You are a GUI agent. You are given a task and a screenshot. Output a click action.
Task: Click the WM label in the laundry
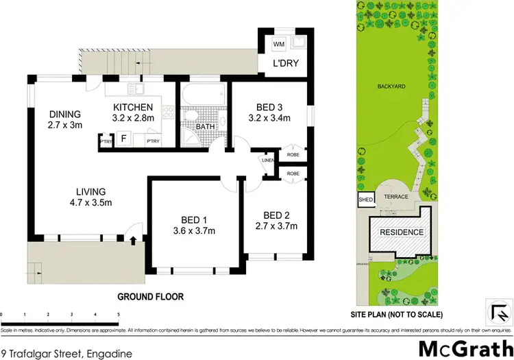tap(279, 45)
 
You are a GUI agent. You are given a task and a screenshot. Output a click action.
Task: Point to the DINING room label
tap(65, 114)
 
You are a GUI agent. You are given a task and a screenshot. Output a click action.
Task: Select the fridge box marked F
tap(123, 139)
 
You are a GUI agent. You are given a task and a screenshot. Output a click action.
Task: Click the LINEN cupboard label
tap(267, 160)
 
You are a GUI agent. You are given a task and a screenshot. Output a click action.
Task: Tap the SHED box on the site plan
tap(363, 200)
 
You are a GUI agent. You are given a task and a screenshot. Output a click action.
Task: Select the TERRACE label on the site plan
tap(396, 197)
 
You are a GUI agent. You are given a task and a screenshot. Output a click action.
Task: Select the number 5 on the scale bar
tap(119, 314)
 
